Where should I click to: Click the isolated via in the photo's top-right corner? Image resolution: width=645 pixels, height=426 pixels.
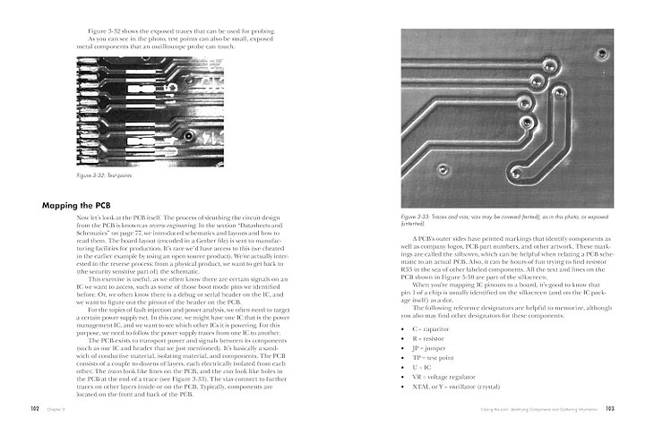click(x=601, y=53)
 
